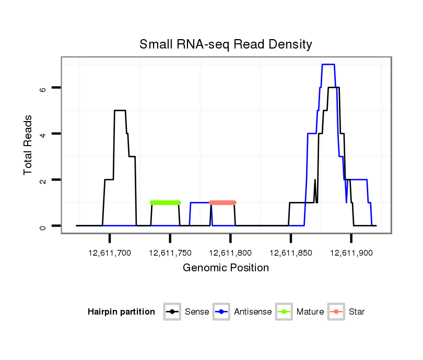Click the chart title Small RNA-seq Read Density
(226, 44)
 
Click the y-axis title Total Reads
(28, 145)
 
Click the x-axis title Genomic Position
(226, 268)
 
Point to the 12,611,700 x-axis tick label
(110, 253)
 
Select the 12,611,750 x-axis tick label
(170, 253)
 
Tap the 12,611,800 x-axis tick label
(230, 253)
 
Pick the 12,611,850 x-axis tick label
(290, 253)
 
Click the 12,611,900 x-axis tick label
(351, 253)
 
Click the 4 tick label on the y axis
(43, 134)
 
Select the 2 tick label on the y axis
(43, 179)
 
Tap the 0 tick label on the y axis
(43, 226)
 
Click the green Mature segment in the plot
(165, 202)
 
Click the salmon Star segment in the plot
(222, 202)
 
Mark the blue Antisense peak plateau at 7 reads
(328, 64)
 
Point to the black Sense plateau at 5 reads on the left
(120, 110)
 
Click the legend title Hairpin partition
(121, 312)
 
